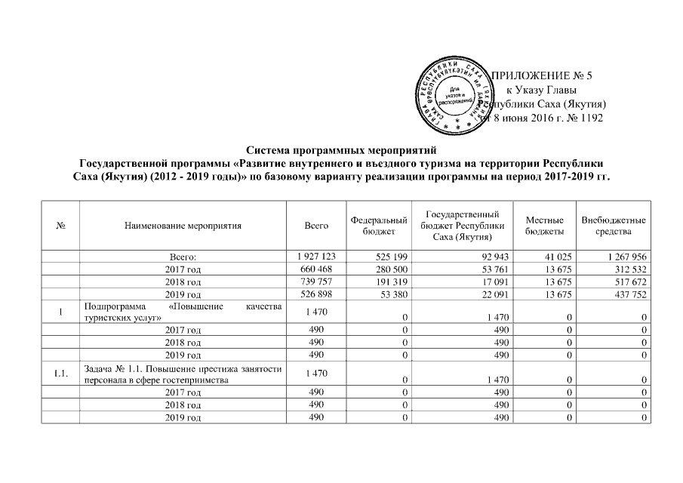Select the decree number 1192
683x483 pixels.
(589, 118)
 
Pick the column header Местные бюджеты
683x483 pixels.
(543, 224)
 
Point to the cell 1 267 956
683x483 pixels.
(624, 257)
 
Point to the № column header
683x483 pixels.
(60, 224)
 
